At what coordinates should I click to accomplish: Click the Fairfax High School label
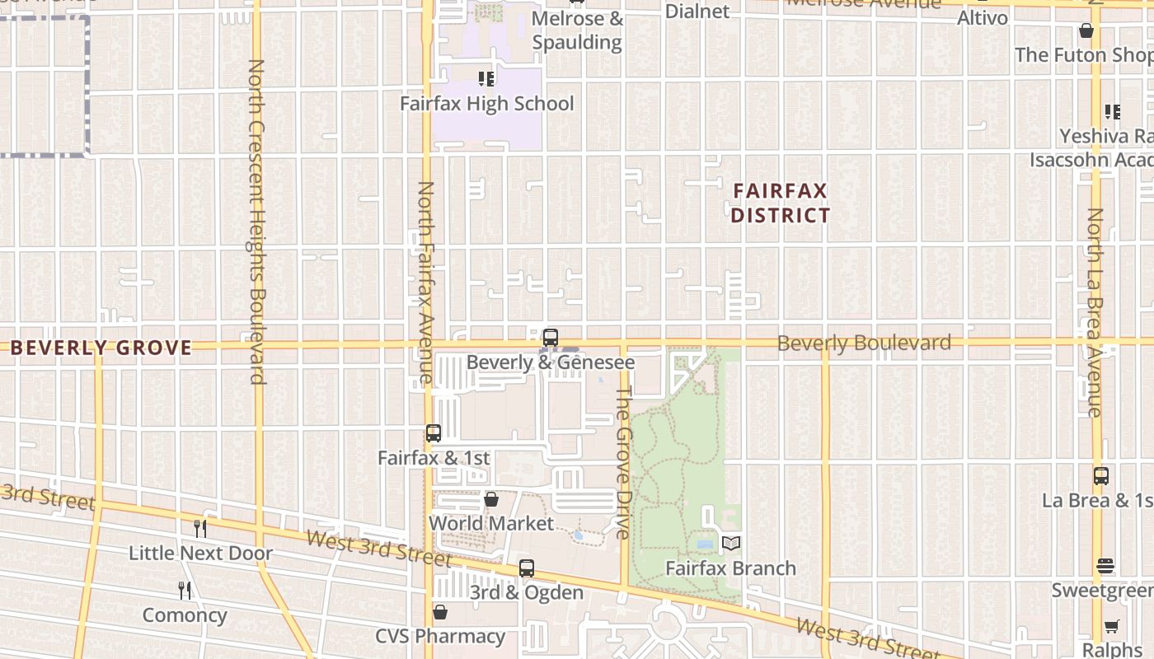(486, 104)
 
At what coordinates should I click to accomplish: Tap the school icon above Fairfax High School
(486, 79)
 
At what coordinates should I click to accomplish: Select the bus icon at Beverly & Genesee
(551, 338)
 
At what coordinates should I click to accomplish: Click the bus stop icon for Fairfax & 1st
(433, 433)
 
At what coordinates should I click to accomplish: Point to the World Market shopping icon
(491, 499)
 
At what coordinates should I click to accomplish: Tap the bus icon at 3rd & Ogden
(527, 568)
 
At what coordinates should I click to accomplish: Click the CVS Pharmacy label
(440, 636)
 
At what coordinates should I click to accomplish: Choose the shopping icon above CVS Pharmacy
(440, 612)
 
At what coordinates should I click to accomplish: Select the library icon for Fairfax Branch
(731, 544)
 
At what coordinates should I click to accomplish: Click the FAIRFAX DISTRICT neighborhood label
(781, 203)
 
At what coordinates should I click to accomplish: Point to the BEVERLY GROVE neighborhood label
(101, 348)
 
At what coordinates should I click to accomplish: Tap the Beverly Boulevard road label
(864, 343)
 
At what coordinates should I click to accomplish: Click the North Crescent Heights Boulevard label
(256, 221)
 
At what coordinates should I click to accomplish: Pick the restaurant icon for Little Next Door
(200, 528)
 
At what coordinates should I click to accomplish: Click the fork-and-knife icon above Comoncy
(185, 590)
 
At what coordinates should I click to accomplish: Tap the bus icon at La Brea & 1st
(1101, 476)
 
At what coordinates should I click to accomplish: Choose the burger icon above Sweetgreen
(1105, 567)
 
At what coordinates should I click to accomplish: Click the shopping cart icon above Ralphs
(1112, 626)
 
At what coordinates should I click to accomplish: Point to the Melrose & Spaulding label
(577, 30)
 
